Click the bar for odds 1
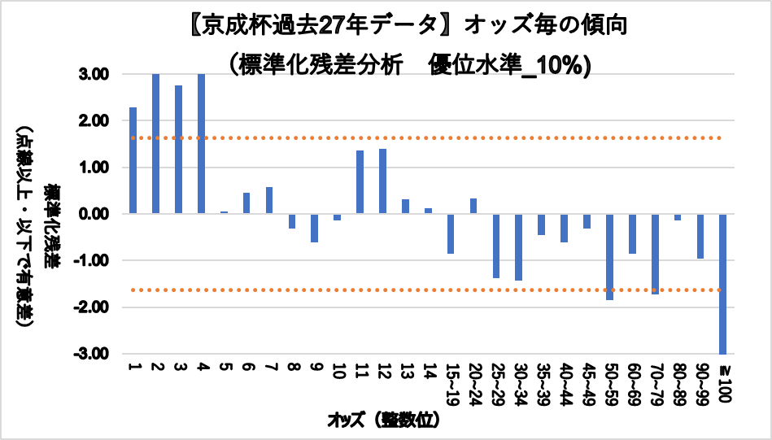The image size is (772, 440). click(x=133, y=160)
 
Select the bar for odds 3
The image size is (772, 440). click(x=178, y=150)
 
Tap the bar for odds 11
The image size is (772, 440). click(x=360, y=182)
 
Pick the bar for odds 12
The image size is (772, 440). click(x=382, y=181)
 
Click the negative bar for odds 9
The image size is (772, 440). click(x=314, y=228)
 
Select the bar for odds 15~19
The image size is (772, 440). click(x=451, y=233)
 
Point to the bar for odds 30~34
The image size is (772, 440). click(x=518, y=246)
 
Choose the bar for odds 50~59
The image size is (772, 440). click(x=609, y=256)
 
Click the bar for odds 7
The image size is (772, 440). click(x=268, y=200)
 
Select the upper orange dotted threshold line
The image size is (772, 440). click(x=423, y=138)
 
